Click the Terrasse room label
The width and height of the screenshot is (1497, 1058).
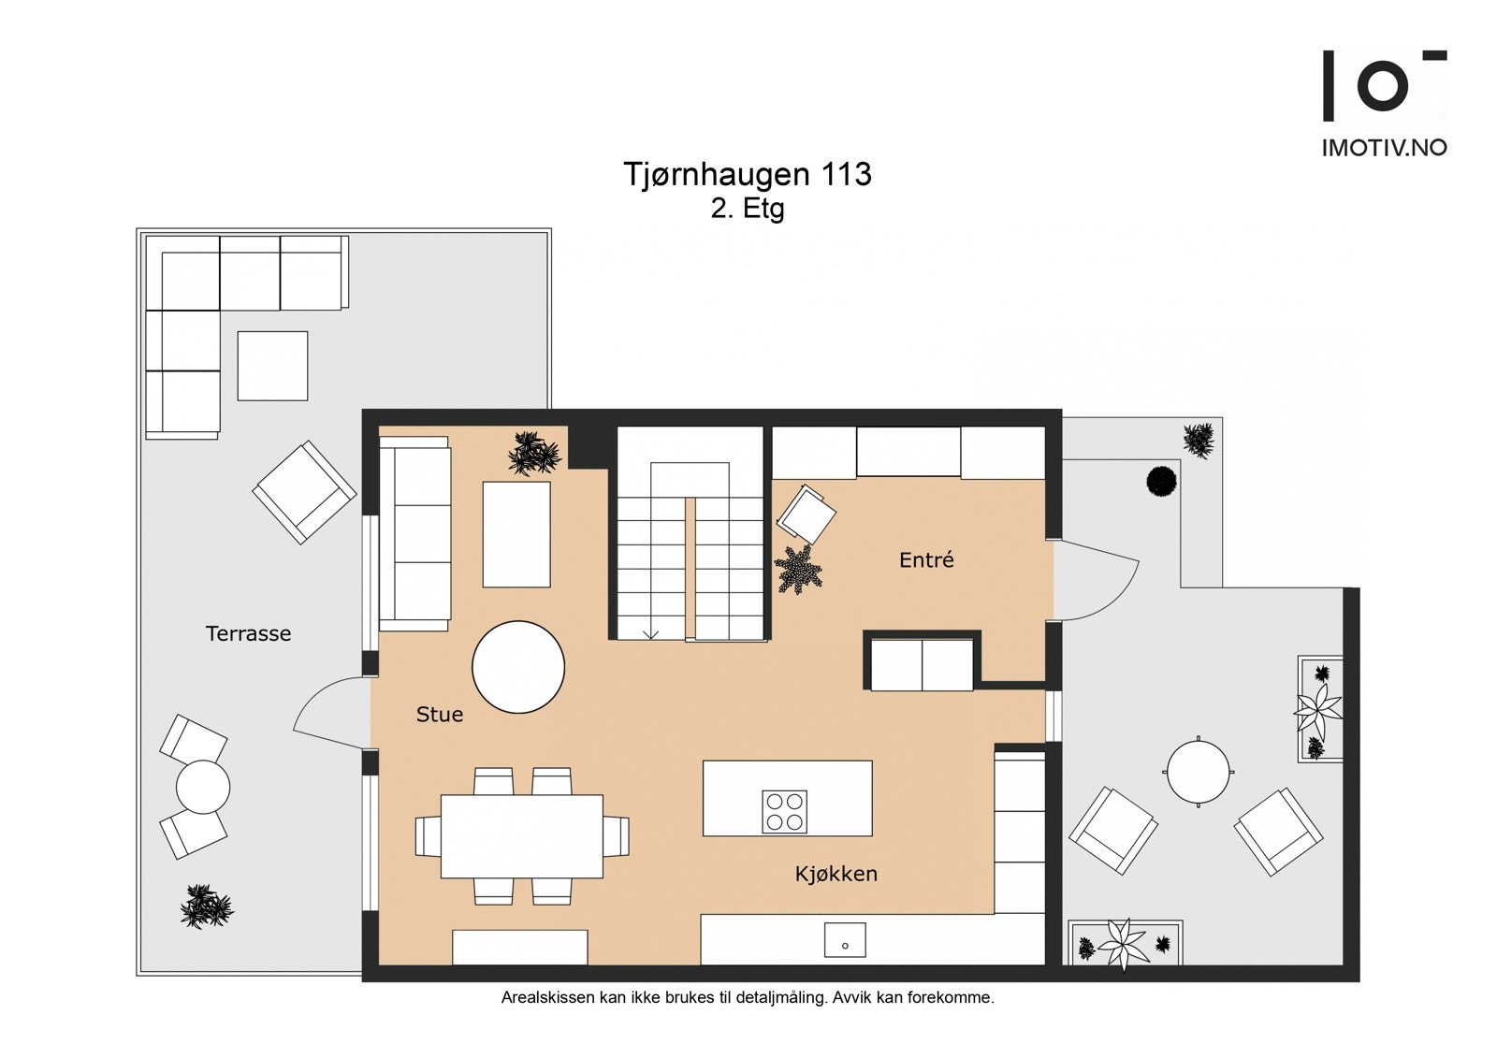(x=248, y=633)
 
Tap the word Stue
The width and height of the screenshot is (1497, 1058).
(x=439, y=715)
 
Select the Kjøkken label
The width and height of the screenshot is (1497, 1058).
(x=836, y=874)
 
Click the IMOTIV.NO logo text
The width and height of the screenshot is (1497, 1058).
(x=1384, y=148)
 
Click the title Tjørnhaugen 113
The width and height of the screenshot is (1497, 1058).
(x=748, y=174)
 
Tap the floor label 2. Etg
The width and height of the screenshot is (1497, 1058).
(x=748, y=210)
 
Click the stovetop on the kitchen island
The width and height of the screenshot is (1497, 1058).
(x=785, y=811)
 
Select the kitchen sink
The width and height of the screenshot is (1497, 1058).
(x=845, y=939)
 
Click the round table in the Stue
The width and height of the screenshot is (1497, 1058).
(x=518, y=666)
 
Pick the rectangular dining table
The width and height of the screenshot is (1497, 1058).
(x=522, y=835)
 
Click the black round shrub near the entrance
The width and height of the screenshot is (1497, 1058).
(x=1161, y=480)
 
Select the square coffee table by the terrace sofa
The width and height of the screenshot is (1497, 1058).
(x=272, y=366)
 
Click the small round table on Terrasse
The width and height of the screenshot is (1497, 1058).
(x=203, y=788)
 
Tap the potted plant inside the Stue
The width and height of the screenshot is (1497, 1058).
(x=534, y=453)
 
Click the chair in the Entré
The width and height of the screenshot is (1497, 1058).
(x=806, y=514)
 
